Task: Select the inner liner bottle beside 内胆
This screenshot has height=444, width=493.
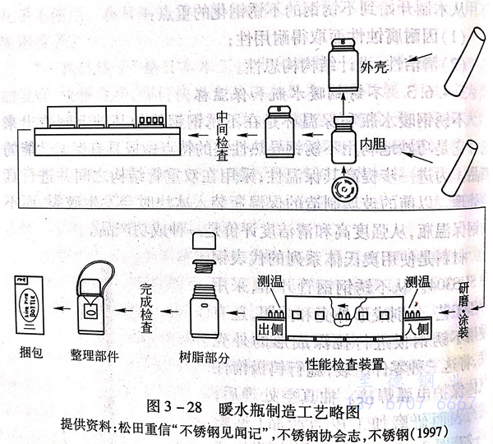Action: coord(343,141)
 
